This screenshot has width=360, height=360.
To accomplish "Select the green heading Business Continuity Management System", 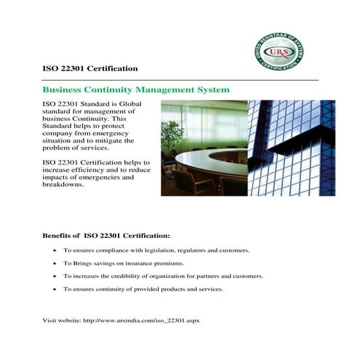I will click(137, 90).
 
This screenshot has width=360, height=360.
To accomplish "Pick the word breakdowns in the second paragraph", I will click(64, 185).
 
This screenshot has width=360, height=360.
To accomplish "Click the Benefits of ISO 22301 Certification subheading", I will click(107, 236).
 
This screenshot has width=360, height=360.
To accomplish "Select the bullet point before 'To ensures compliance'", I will click(55, 250).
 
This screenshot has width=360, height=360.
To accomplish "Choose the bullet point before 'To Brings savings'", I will click(55, 263).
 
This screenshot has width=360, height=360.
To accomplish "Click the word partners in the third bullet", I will click(209, 276).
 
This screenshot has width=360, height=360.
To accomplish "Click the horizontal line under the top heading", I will click(181, 79).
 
